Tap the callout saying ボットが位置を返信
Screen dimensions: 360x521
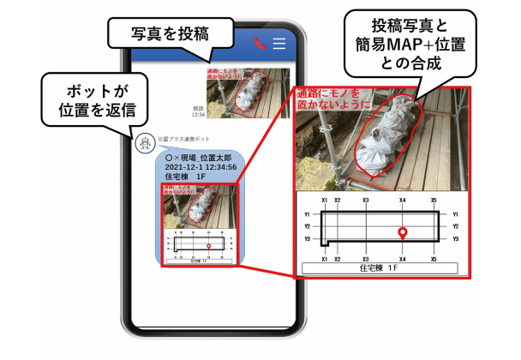coord(92,101)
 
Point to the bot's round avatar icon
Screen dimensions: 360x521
coord(145,143)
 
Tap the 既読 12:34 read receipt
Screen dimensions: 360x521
coord(198,110)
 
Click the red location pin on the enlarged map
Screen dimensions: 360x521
coord(402,231)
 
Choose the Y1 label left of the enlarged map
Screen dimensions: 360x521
coord(307,214)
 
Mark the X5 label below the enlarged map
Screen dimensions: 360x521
coord(434,258)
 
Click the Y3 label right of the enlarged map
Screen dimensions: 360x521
coord(456,239)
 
